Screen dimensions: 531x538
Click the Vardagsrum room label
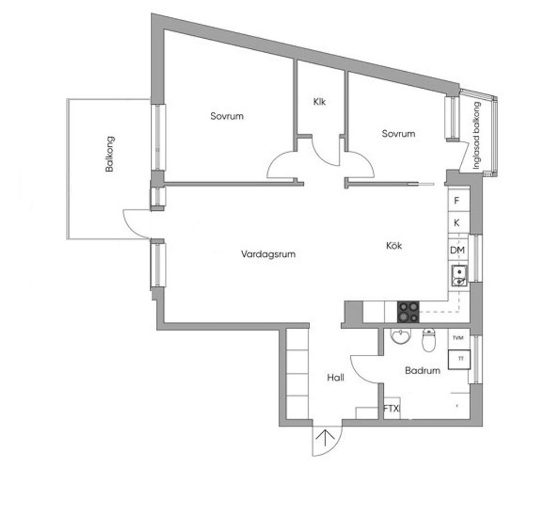[268, 254]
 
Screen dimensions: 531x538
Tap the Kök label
[394, 246]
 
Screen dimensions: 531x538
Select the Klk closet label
[319, 102]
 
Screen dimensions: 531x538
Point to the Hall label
[335, 378]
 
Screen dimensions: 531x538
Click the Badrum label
[423, 371]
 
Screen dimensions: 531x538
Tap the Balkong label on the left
[110, 153]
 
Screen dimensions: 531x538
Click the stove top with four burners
[408, 312]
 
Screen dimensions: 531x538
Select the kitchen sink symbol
[459, 275]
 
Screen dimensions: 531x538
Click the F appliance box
[457, 201]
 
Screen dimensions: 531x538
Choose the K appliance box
[457, 223]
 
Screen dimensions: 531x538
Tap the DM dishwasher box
[457, 250]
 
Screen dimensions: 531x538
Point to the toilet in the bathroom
[429, 339]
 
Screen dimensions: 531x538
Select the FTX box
[391, 409]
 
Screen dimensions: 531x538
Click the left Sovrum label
[227, 116]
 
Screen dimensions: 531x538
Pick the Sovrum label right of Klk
[398, 133]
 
